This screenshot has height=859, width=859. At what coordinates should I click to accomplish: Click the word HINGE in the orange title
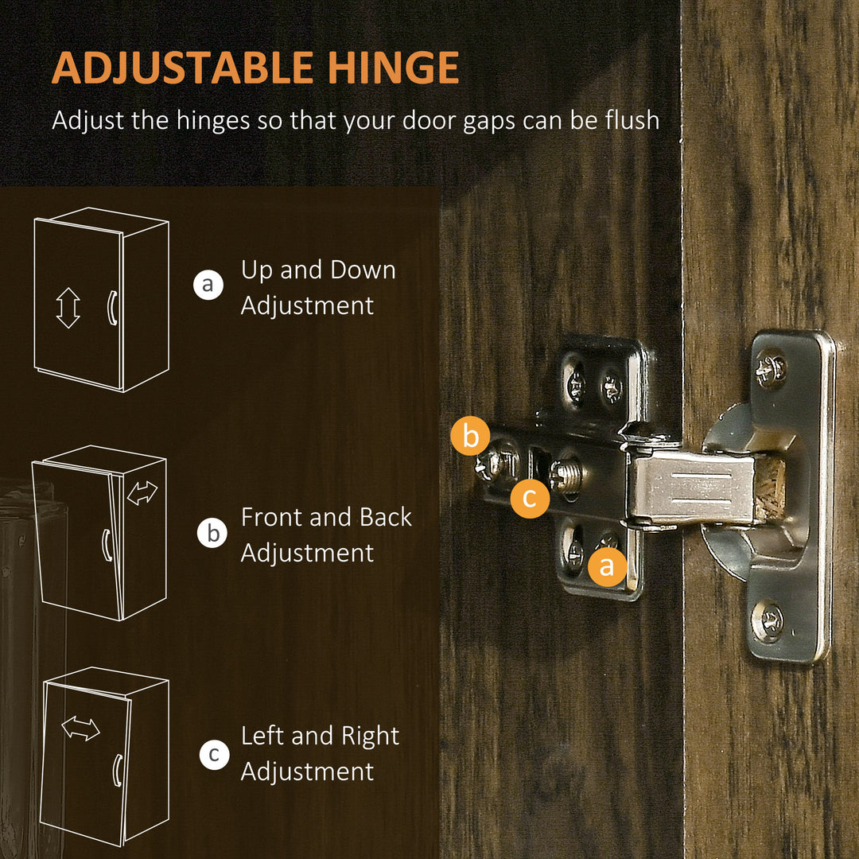pyautogui.click(x=393, y=68)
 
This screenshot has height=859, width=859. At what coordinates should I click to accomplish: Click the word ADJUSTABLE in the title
pyautogui.click(x=182, y=68)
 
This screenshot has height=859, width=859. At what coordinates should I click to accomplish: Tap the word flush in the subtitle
pyautogui.click(x=632, y=119)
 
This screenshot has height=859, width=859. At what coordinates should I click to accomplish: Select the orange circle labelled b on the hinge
pyautogui.click(x=470, y=436)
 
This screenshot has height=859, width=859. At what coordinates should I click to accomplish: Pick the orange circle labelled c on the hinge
pyautogui.click(x=530, y=498)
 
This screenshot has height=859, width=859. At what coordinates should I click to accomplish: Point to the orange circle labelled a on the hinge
pyautogui.click(x=607, y=566)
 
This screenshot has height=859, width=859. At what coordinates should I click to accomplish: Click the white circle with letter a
pyautogui.click(x=208, y=285)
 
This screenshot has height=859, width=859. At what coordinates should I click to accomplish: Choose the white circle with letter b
pyautogui.click(x=212, y=533)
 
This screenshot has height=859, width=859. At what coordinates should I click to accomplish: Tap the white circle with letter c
pyautogui.click(x=214, y=754)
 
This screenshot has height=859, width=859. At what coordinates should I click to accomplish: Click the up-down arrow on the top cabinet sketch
pyautogui.click(x=68, y=308)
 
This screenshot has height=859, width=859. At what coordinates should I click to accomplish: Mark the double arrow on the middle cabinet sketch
pyautogui.click(x=142, y=492)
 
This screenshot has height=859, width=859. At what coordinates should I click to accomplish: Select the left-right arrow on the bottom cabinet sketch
pyautogui.click(x=80, y=729)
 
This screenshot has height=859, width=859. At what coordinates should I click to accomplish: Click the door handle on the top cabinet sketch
pyautogui.click(x=111, y=308)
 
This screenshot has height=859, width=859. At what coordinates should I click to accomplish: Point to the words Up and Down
pyautogui.click(x=318, y=270)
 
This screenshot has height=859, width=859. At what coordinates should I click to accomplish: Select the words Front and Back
pyautogui.click(x=326, y=517)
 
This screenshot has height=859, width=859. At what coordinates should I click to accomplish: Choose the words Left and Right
pyautogui.click(x=320, y=737)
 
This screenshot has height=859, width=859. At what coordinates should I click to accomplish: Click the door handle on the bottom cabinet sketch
pyautogui.click(x=117, y=770)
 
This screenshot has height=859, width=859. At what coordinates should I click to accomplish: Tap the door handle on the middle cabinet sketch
pyautogui.click(x=107, y=546)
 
